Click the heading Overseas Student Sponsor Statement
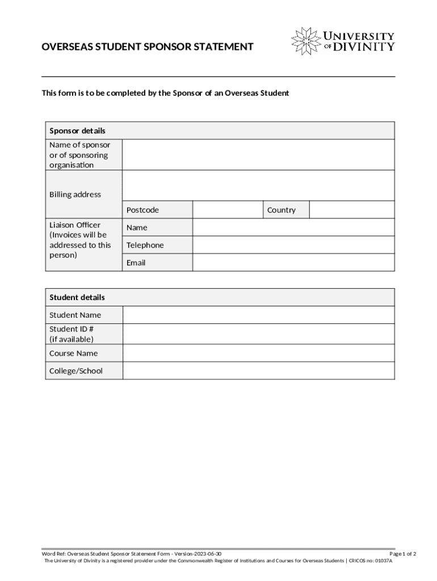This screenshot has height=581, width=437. (x=148, y=47)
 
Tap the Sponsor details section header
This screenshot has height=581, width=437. (x=77, y=130)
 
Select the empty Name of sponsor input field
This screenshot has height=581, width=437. (x=258, y=155)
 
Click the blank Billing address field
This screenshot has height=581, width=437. (x=258, y=186)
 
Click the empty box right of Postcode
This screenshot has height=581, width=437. (x=228, y=210)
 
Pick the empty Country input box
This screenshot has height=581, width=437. (x=352, y=210)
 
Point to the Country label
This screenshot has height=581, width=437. (x=281, y=210)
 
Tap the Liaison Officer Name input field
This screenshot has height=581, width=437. (x=293, y=228)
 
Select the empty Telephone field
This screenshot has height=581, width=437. (x=293, y=245)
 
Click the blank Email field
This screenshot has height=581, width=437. (x=293, y=263)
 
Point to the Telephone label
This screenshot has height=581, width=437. (x=145, y=245)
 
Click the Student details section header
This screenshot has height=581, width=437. (x=77, y=297)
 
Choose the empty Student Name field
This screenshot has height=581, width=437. (x=258, y=315)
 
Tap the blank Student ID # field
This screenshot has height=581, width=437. (x=258, y=334)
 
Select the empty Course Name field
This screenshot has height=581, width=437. (x=258, y=353)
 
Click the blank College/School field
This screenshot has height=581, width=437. (x=258, y=371)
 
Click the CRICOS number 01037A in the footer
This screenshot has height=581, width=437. (x=380, y=561)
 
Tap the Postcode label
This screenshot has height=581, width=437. (x=142, y=210)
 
